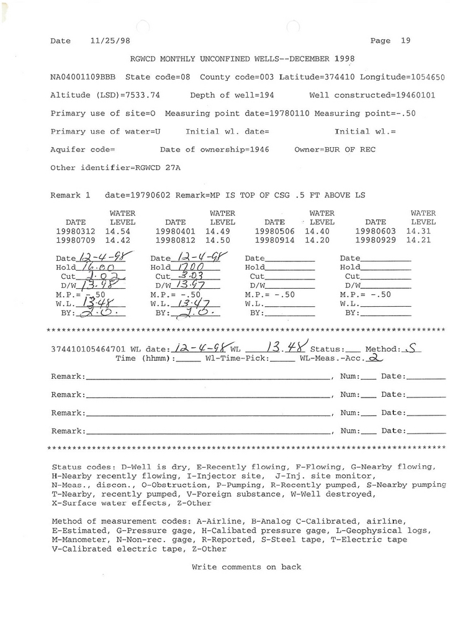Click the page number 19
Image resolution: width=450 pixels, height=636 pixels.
pyautogui.click(x=406, y=41)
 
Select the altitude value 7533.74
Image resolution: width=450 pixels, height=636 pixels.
pyautogui.click(x=143, y=96)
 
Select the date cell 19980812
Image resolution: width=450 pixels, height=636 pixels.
pyautogui.click(x=176, y=240)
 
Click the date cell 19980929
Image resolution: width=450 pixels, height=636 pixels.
pyautogui.click(x=376, y=240)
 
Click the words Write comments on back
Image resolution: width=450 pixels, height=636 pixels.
pyautogui.click(x=246, y=567)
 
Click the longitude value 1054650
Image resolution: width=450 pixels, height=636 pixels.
pyautogui.click(x=428, y=78)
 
